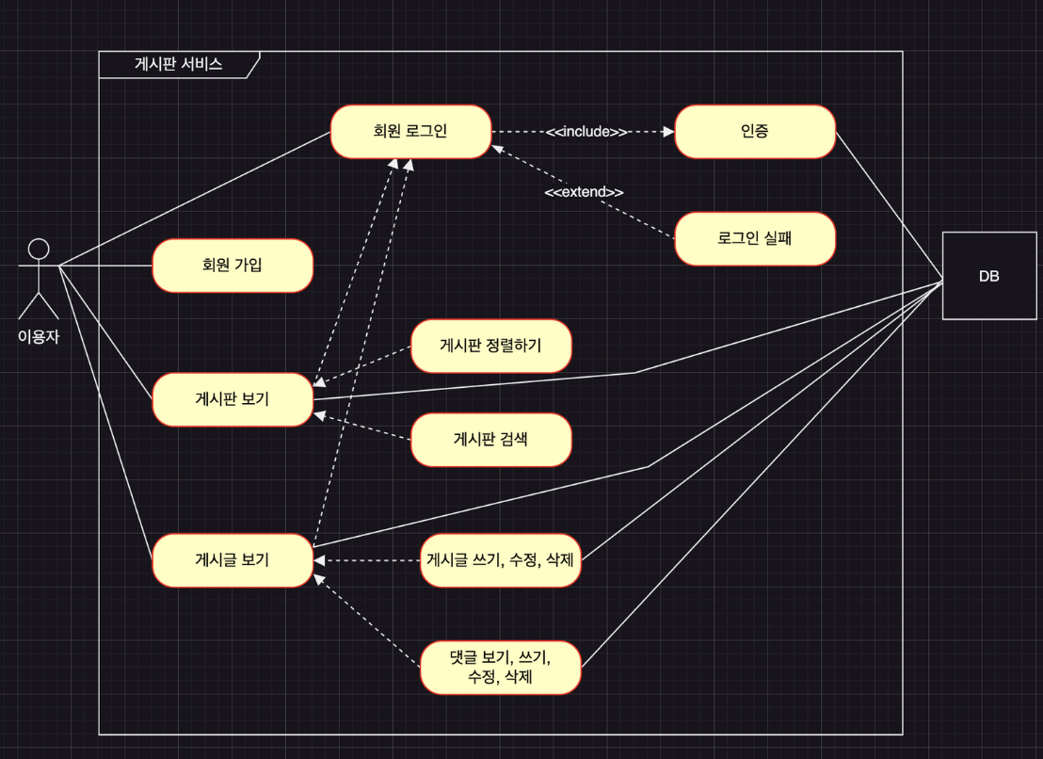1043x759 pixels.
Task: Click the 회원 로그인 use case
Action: (410, 131)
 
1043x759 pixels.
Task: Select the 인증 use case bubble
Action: (755, 131)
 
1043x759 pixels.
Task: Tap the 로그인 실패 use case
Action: (755, 238)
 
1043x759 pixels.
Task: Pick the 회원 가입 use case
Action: (233, 265)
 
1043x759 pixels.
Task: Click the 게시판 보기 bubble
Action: (233, 399)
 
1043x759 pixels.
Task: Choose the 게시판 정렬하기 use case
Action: (490, 346)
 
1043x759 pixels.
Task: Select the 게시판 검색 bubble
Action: (490, 439)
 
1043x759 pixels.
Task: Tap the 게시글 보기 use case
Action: (233, 560)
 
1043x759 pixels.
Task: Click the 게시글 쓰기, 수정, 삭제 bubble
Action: (501, 560)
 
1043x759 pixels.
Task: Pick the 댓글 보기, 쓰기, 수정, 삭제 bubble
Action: (501, 668)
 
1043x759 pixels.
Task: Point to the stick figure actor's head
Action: (39, 249)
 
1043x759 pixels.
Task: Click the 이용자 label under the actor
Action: (39, 335)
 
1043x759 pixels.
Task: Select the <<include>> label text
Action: (586, 132)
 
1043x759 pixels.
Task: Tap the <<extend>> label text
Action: (585, 192)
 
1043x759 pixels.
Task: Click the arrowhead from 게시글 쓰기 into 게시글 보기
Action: (319, 560)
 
